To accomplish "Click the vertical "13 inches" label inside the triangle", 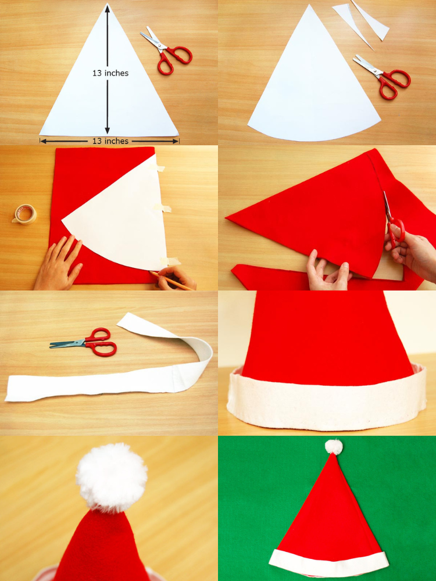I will click(110, 73).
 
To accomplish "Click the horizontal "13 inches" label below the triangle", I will click(110, 141).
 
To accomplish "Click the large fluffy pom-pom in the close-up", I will click(112, 477).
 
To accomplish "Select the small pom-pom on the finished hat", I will click(333, 446).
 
